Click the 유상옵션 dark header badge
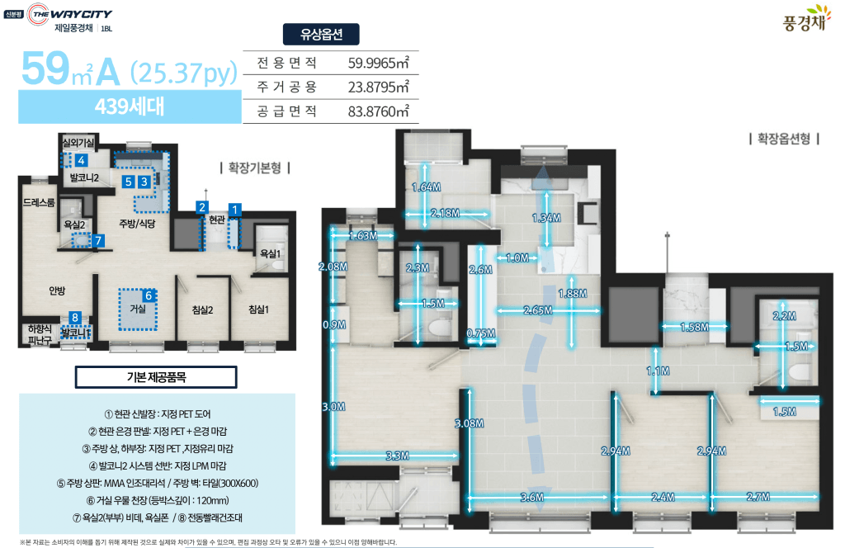(321, 35)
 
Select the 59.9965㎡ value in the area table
(378, 63)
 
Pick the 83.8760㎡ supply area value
(378, 111)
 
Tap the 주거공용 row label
(286, 87)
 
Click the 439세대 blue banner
(130, 106)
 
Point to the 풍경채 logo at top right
(805, 19)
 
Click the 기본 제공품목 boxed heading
(156, 377)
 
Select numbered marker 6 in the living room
(149, 295)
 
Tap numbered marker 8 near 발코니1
(75, 318)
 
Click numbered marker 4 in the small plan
(81, 160)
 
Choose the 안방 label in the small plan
(57, 291)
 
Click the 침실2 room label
(203, 309)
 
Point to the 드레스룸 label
(39, 202)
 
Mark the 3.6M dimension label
(532, 498)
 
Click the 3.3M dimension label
(397, 456)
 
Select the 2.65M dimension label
(538, 310)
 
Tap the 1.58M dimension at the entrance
(694, 327)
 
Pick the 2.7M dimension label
(758, 497)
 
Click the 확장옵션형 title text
(784, 139)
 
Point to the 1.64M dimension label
(427, 187)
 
